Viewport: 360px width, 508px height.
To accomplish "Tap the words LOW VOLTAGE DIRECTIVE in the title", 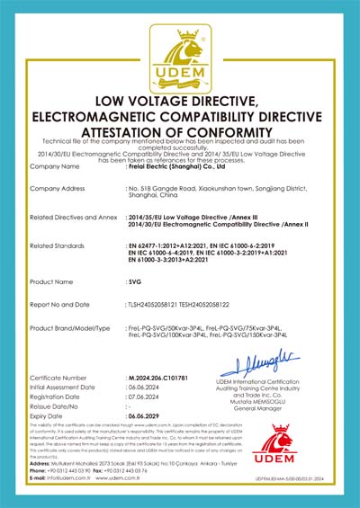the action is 180,99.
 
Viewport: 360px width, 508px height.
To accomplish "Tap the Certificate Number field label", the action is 59,380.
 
